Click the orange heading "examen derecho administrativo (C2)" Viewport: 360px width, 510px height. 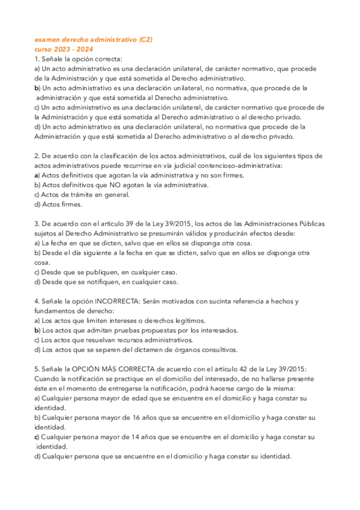[93, 40]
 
